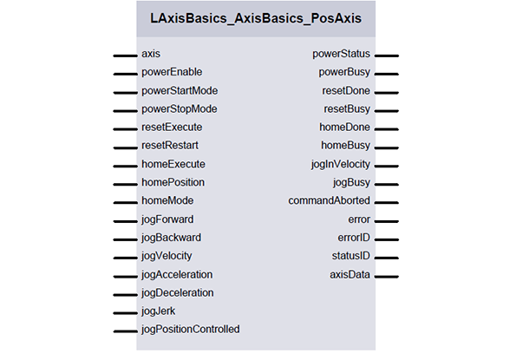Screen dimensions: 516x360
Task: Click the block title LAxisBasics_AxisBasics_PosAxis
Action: (x=256, y=18)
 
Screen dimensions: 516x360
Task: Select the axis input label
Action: (x=151, y=54)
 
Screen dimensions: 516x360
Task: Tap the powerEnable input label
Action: (x=172, y=72)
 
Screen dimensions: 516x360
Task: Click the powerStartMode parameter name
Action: (x=180, y=91)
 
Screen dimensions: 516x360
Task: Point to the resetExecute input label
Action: (x=172, y=128)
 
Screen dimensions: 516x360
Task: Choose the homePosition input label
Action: (x=173, y=182)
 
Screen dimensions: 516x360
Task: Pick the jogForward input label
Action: (x=167, y=219)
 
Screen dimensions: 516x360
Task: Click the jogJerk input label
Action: (x=159, y=311)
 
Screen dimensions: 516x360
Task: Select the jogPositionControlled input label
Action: (x=191, y=330)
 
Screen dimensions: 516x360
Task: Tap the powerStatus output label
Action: (x=342, y=54)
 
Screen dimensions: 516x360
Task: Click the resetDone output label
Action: (x=346, y=91)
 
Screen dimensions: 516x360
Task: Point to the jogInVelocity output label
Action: (x=341, y=164)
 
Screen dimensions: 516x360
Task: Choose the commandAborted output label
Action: (x=329, y=200)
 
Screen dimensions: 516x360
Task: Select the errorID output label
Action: (x=354, y=238)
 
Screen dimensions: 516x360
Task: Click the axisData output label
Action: (x=349, y=274)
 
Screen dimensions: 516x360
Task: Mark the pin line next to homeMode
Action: (x=126, y=202)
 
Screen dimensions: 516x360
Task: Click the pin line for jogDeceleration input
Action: (x=126, y=295)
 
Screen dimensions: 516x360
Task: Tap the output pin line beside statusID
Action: (x=387, y=258)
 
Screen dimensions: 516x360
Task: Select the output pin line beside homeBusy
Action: (x=387, y=147)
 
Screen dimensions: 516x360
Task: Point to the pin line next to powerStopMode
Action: (x=126, y=111)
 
